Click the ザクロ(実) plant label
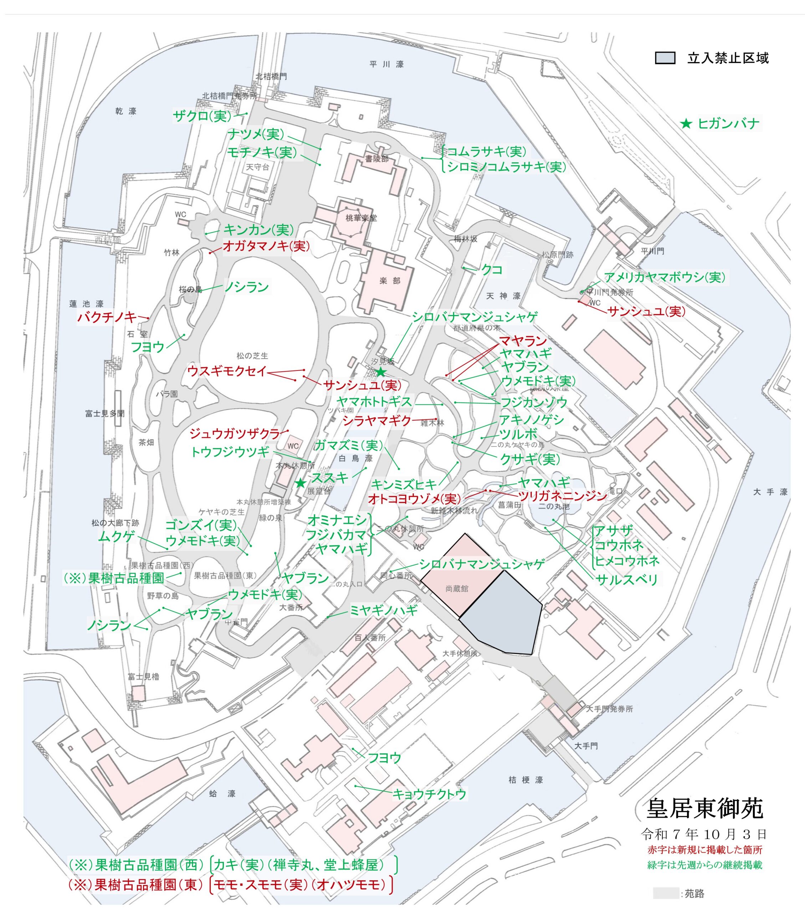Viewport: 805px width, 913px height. tap(202, 116)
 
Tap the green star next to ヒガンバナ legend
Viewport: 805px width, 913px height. tap(686, 124)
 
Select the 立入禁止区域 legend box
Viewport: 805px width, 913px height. tap(665, 58)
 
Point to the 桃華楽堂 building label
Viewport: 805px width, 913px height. tap(361, 218)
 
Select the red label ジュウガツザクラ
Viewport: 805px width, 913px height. tap(234, 433)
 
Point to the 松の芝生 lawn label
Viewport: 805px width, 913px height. tap(252, 356)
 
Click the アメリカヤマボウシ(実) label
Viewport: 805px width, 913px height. tap(665, 277)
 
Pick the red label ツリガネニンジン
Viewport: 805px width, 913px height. tap(563, 496)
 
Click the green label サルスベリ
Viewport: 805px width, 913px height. tap(627, 580)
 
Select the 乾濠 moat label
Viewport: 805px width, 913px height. tap(126, 111)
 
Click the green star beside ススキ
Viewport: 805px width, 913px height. tap(301, 483)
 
